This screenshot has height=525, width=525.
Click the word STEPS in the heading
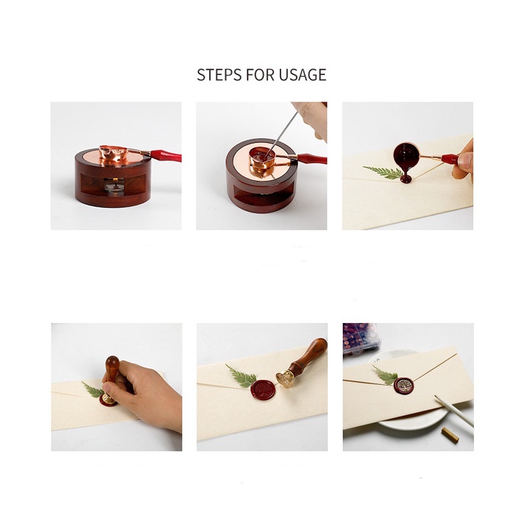[219, 74]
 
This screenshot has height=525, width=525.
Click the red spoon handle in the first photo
[165, 156]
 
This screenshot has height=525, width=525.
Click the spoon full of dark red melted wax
[405, 154]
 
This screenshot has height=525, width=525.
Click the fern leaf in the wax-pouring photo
[383, 172]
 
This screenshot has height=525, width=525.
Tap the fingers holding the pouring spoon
[463, 161]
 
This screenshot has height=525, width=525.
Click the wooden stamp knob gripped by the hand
[112, 367]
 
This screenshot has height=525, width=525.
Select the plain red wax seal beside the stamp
[263, 389]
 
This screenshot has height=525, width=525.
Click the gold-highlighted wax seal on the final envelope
[403, 386]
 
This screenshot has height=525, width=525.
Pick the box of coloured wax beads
[360, 338]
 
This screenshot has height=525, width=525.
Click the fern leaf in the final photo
[385, 375]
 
